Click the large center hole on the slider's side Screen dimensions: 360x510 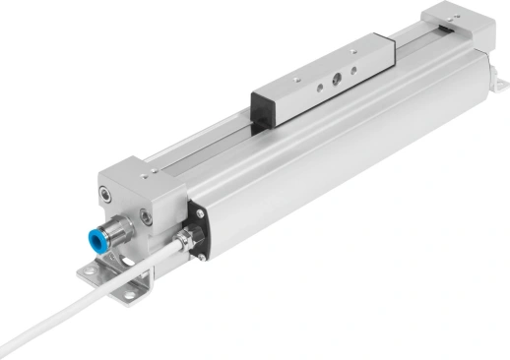click(339, 88)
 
